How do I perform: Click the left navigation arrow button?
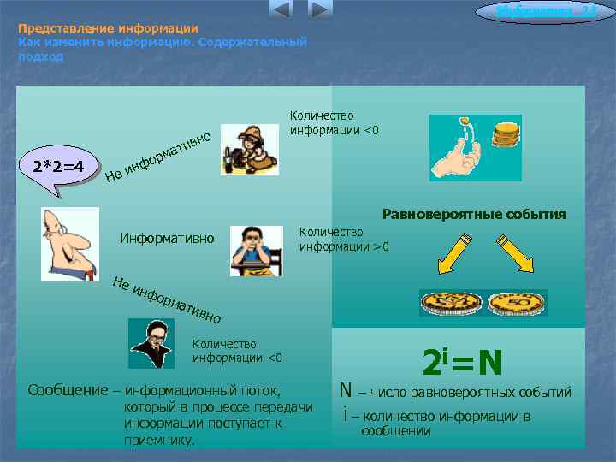(281, 9)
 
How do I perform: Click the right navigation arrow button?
(319, 9)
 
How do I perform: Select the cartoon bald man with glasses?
(69, 243)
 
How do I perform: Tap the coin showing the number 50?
(515, 302)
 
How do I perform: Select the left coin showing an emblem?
(450, 302)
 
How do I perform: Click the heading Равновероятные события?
(474, 214)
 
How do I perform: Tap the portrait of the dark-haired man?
(151, 342)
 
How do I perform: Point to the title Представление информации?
(109, 28)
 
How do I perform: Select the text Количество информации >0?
(344, 240)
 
